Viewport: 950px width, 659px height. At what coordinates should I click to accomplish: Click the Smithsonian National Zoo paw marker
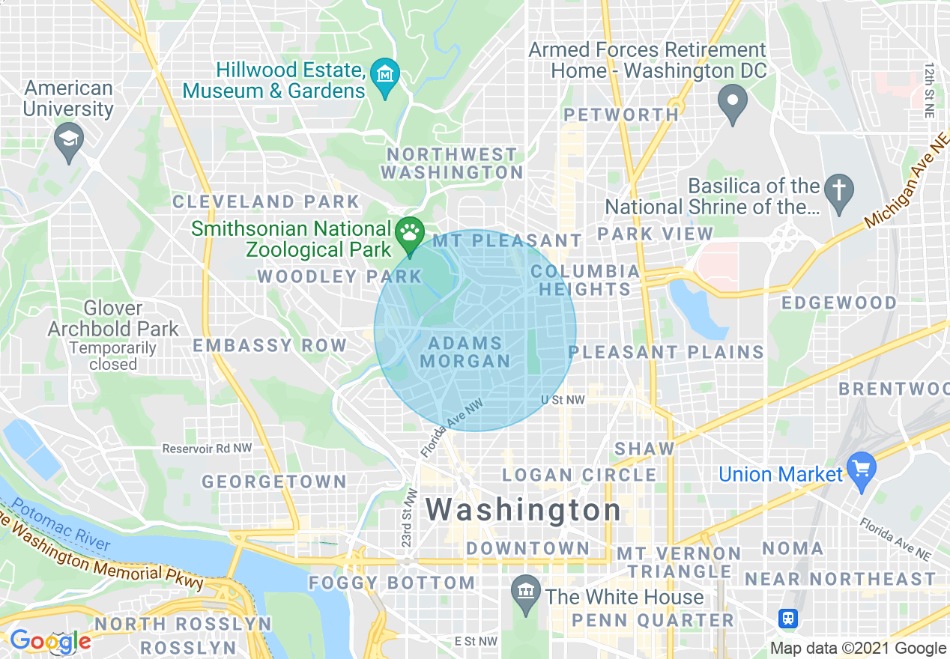pos(409,231)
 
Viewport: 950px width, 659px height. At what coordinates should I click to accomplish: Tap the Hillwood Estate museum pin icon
pos(385,75)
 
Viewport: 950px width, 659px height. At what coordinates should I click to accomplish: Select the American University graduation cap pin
pos(69,139)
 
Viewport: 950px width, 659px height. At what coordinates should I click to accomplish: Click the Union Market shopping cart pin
pos(861,468)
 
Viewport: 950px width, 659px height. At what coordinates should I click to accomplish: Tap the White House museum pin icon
pos(526,592)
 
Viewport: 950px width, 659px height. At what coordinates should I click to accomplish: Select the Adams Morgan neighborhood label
pos(465,352)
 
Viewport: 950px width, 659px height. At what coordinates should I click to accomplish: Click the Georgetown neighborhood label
pos(274,482)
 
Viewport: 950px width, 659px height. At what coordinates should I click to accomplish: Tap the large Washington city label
pos(523,511)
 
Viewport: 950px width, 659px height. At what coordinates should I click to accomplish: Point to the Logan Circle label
pos(579,475)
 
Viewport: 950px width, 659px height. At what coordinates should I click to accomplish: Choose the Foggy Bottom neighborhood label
pos(392,583)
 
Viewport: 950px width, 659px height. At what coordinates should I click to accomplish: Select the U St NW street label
pos(563,401)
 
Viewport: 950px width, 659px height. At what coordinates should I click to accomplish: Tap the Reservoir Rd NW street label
pos(208,449)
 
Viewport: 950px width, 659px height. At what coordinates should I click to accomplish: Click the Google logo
pos(50,641)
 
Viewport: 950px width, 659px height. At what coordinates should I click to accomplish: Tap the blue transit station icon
pos(788,619)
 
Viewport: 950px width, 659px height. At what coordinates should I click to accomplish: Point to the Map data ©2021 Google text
pos(858,649)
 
